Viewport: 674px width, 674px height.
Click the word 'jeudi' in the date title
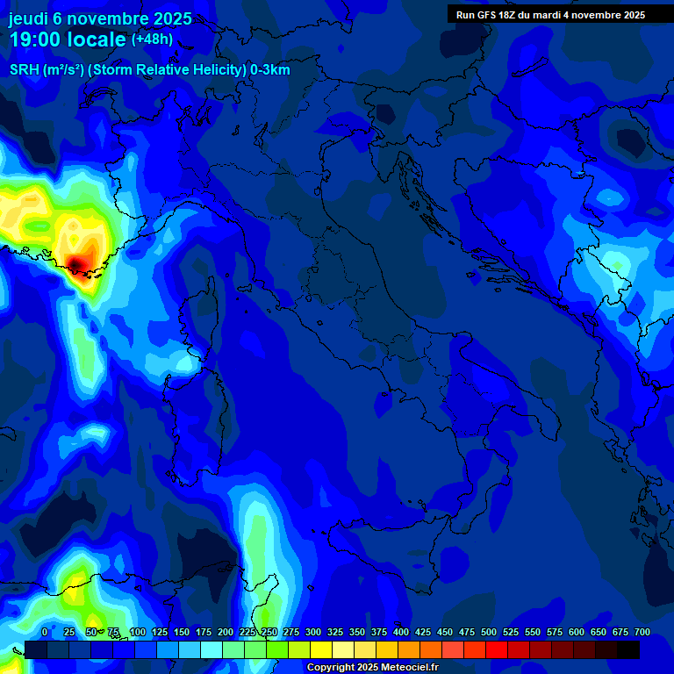pos(28,18)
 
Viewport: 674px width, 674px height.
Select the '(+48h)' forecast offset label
pos(152,39)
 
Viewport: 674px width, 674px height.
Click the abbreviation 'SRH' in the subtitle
pos(24,70)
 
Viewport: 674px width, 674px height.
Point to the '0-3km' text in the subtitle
pos(269,70)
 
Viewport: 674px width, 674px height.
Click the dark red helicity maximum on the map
pos(77,263)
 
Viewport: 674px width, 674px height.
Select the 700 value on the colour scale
pos(642,632)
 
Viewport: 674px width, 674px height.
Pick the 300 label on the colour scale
pos(312,632)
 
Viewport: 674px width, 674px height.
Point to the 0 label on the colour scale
pos(45,632)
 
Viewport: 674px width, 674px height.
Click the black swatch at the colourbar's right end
pos(628,649)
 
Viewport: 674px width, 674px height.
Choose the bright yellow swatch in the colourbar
pos(321,649)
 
